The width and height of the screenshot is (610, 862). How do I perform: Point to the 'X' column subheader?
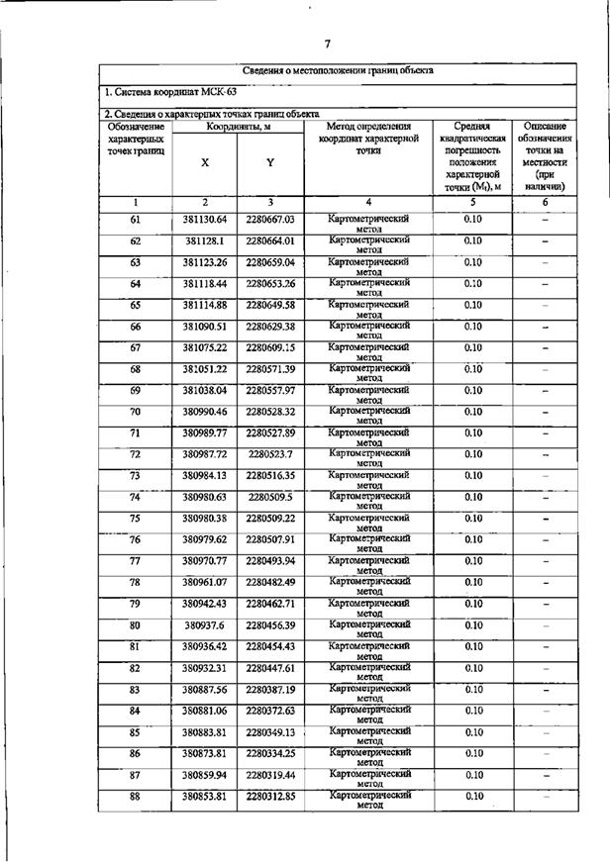[205, 162]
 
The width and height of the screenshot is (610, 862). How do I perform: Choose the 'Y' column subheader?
[270, 162]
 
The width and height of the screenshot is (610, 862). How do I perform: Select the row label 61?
[136, 219]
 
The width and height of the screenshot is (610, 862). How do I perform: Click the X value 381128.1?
[205, 240]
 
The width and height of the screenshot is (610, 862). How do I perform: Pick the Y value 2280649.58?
[270, 305]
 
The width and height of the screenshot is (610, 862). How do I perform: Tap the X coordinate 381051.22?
[205, 369]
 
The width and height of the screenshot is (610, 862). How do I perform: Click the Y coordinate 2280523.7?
[270, 454]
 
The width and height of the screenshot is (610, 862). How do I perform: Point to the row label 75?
[136, 518]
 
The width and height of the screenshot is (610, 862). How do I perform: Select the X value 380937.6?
[205, 625]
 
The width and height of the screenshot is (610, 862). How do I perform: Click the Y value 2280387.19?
[270, 690]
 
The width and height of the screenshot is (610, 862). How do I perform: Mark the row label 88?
[136, 797]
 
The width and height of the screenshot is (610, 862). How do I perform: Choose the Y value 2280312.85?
[270, 797]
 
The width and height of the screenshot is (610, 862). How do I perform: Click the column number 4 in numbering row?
[369, 202]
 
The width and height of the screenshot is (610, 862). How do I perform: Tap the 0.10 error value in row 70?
[473, 411]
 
